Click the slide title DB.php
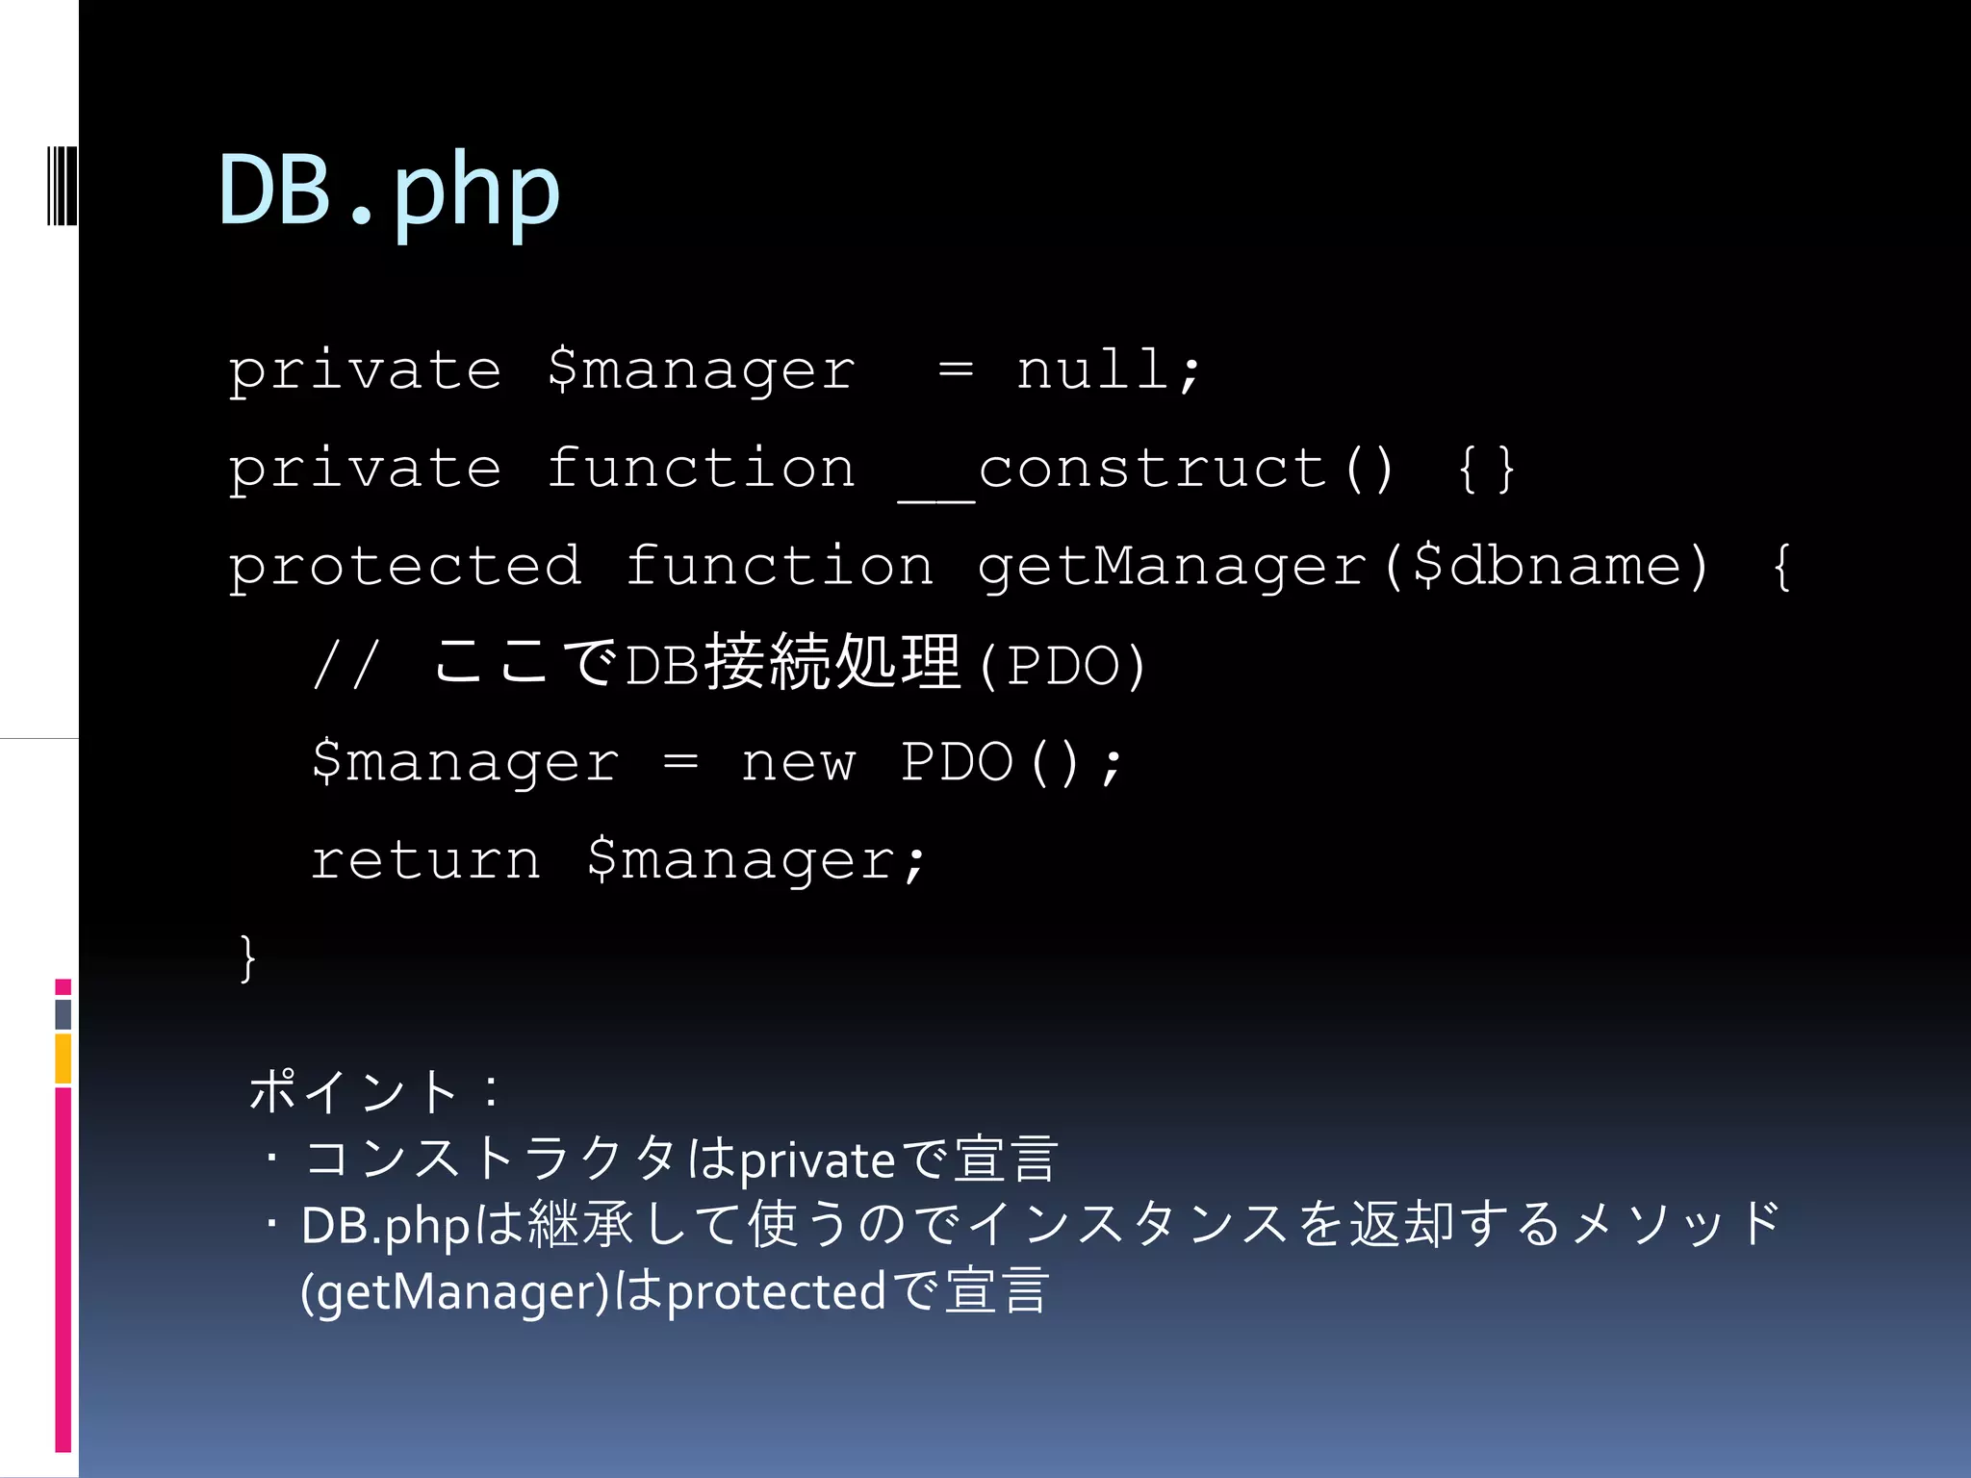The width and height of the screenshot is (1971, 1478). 389,191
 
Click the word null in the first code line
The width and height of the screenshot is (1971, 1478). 1093,369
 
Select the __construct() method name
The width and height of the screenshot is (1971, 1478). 1145,470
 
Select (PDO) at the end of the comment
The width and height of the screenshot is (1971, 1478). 1062,665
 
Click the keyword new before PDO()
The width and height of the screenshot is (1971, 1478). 798,763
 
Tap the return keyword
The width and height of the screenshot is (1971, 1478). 425,859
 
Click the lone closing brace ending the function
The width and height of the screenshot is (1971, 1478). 248,958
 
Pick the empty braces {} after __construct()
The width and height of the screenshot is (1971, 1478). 1487,470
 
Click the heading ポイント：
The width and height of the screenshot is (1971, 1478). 375,1091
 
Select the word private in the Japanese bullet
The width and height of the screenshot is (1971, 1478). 818,1160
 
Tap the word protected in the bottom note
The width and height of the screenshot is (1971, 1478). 776,1292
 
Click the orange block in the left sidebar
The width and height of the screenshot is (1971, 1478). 64,1058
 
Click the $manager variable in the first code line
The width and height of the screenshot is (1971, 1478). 701,369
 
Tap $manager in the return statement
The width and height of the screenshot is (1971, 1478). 756,859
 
